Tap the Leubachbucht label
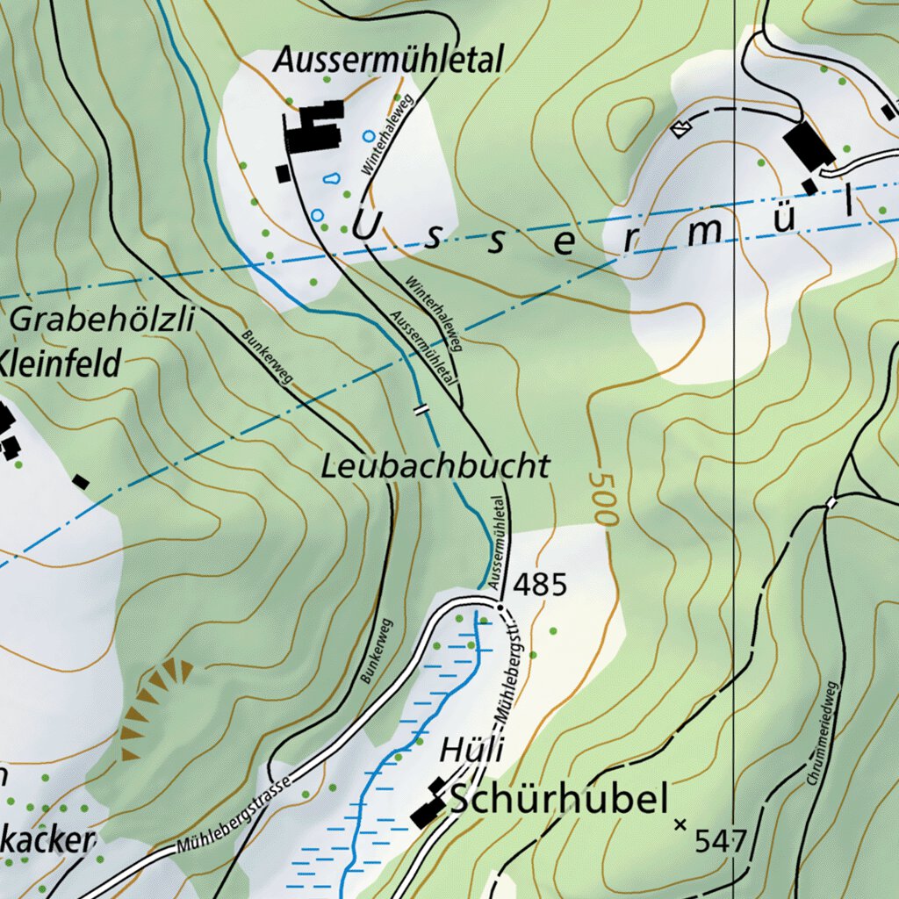pyautogui.click(x=435, y=465)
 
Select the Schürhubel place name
pyautogui.click(x=559, y=800)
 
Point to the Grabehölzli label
pyautogui.click(x=101, y=320)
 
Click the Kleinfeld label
pyautogui.click(x=59, y=363)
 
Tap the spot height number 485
pyautogui.click(x=540, y=584)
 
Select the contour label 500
pyautogui.click(x=602, y=499)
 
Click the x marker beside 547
pyautogui.click(x=680, y=824)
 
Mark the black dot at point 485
pyautogui.click(x=500, y=606)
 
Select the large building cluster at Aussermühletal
pyautogui.click(x=313, y=129)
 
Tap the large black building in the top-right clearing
pyautogui.click(x=808, y=147)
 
